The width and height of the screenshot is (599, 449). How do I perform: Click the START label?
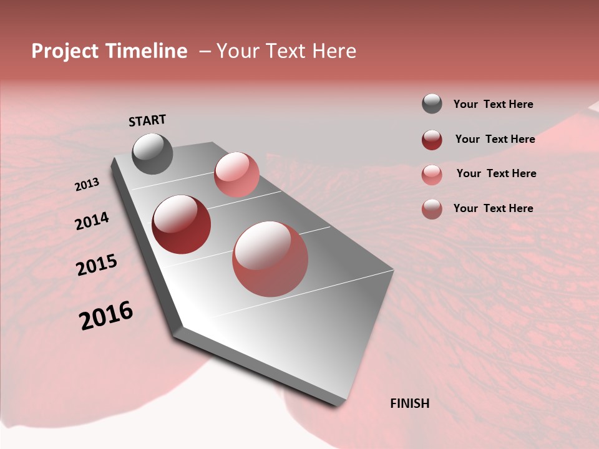(x=147, y=120)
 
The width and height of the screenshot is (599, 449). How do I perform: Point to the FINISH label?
(x=410, y=403)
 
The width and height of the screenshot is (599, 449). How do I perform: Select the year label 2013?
(x=87, y=185)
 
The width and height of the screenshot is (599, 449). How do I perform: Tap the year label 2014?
(x=92, y=221)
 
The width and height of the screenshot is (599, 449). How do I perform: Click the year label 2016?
(x=106, y=316)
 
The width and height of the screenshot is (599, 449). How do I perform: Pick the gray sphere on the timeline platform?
(x=152, y=153)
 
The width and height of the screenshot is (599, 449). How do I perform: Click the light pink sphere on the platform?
(x=236, y=175)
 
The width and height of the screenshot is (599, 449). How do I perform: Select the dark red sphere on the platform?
(x=181, y=224)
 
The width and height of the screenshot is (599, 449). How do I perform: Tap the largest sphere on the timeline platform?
(x=270, y=259)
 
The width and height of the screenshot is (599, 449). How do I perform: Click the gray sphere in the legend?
(x=432, y=104)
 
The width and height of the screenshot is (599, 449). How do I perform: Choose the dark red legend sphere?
(x=432, y=140)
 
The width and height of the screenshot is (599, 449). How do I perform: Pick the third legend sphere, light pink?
(x=432, y=175)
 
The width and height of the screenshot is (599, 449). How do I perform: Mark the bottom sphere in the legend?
(x=432, y=209)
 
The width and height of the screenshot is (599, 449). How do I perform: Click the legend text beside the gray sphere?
(x=493, y=104)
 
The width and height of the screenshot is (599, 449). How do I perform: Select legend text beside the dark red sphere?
(x=495, y=139)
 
